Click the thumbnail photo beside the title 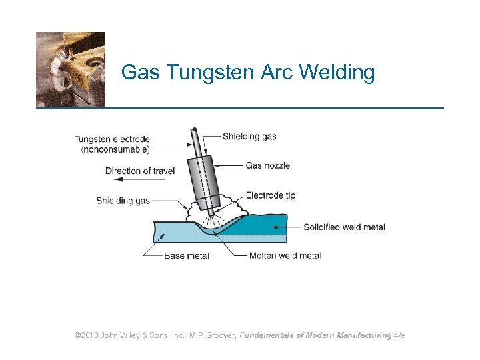(70, 69)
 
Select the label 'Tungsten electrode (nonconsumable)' (112, 145)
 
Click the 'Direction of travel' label (140, 171)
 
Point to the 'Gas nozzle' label (268, 165)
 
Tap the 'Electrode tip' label (270, 195)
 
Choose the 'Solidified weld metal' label (344, 227)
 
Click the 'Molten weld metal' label (285, 255)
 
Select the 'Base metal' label (187, 255)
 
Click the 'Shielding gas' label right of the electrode (249, 137)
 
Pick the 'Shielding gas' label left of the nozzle (123, 200)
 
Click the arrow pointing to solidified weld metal (287, 227)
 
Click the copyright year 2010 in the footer (89, 335)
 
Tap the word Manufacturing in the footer (364, 335)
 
